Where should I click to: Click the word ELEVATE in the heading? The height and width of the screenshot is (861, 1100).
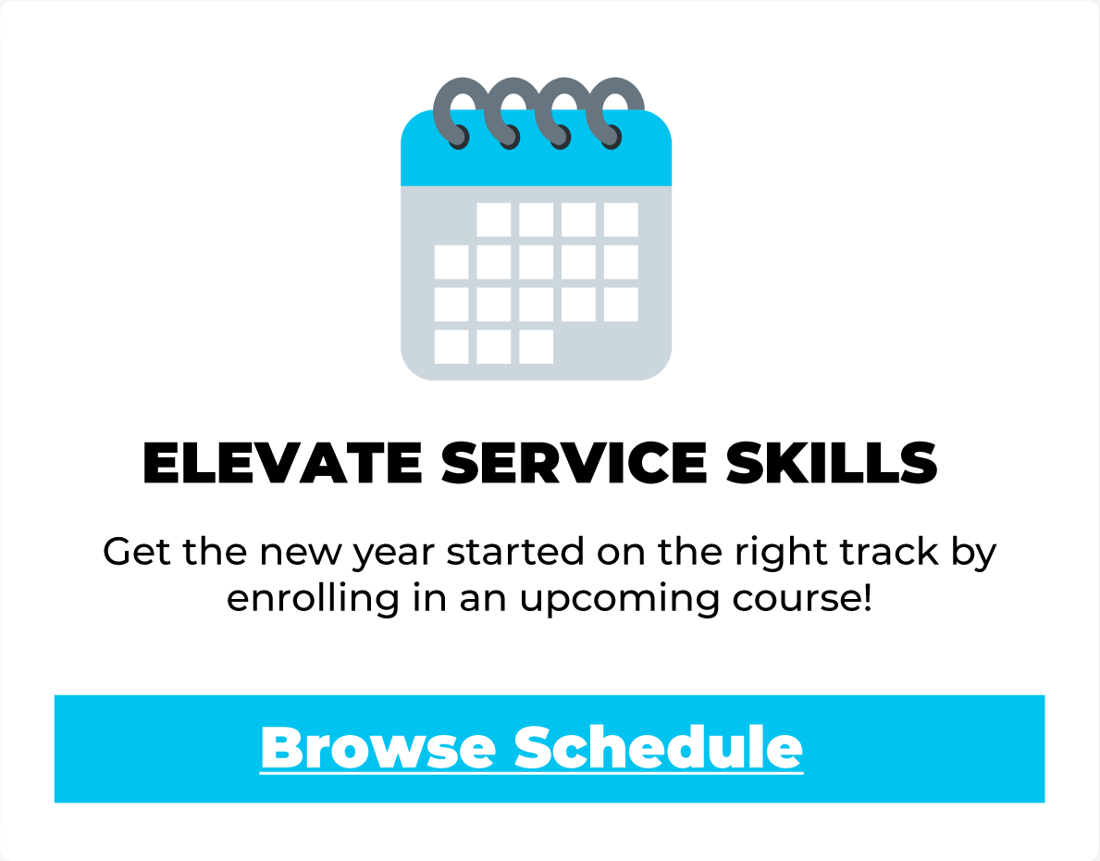click(x=282, y=463)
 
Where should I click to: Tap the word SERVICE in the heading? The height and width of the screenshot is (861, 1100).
click(x=574, y=463)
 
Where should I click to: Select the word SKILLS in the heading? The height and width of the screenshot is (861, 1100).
click(x=832, y=463)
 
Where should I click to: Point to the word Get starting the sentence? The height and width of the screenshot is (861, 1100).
click(x=137, y=551)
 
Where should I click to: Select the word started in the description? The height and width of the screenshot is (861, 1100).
click(x=515, y=551)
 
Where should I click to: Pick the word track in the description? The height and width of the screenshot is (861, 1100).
click(x=889, y=551)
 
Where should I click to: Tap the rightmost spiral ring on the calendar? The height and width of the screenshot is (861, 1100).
click(x=612, y=112)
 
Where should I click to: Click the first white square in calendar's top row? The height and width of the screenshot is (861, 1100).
click(x=494, y=219)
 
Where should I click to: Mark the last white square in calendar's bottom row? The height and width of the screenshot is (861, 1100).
click(x=536, y=347)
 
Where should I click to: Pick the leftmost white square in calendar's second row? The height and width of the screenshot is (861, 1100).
click(x=451, y=262)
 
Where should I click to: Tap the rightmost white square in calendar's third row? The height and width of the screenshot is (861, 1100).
click(x=621, y=304)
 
